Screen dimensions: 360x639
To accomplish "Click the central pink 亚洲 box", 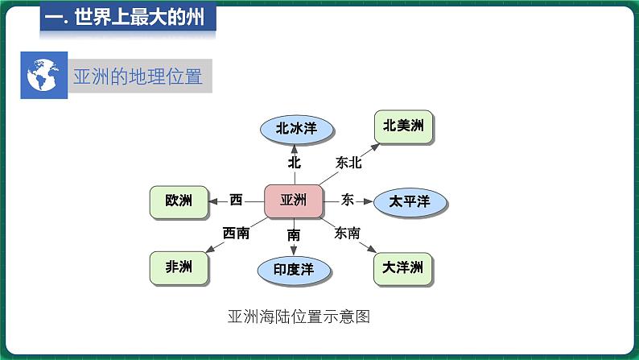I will pos(293,201).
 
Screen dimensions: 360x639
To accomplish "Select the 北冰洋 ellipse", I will pos(294,127).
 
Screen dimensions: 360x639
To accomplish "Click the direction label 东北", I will pos(349,163).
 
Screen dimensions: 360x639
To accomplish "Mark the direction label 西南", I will pos(236,233).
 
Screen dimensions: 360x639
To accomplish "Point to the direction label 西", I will pos(236,200).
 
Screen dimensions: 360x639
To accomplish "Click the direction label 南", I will pos(294,235).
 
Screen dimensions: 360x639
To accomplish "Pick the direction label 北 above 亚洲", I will pos(294,162).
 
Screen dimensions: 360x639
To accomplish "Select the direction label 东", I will pos(348,199).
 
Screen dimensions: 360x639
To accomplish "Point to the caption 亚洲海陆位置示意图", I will pos(298,317).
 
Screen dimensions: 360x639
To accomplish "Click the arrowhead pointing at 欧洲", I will pos(212,201).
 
